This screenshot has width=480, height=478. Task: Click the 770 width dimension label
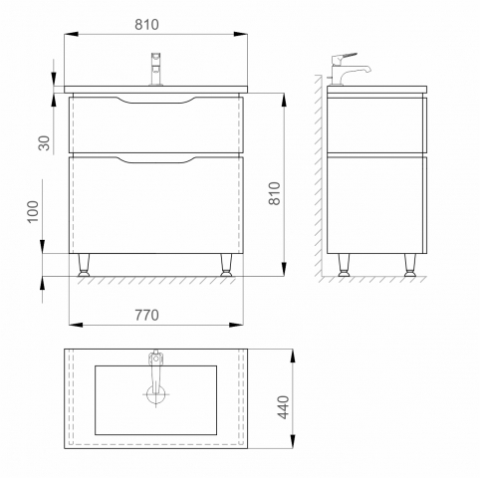146,315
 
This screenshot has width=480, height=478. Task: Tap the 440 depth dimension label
283,407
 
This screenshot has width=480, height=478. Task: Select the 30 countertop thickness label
44,143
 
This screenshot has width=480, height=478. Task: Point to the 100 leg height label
33,212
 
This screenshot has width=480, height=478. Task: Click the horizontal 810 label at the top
146,25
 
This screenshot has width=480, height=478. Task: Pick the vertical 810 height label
275,193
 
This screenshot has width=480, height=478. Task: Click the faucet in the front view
155,69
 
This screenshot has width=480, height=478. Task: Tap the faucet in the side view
349,69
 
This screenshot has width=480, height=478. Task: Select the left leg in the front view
84,265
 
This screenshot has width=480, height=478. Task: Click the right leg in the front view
226,265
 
